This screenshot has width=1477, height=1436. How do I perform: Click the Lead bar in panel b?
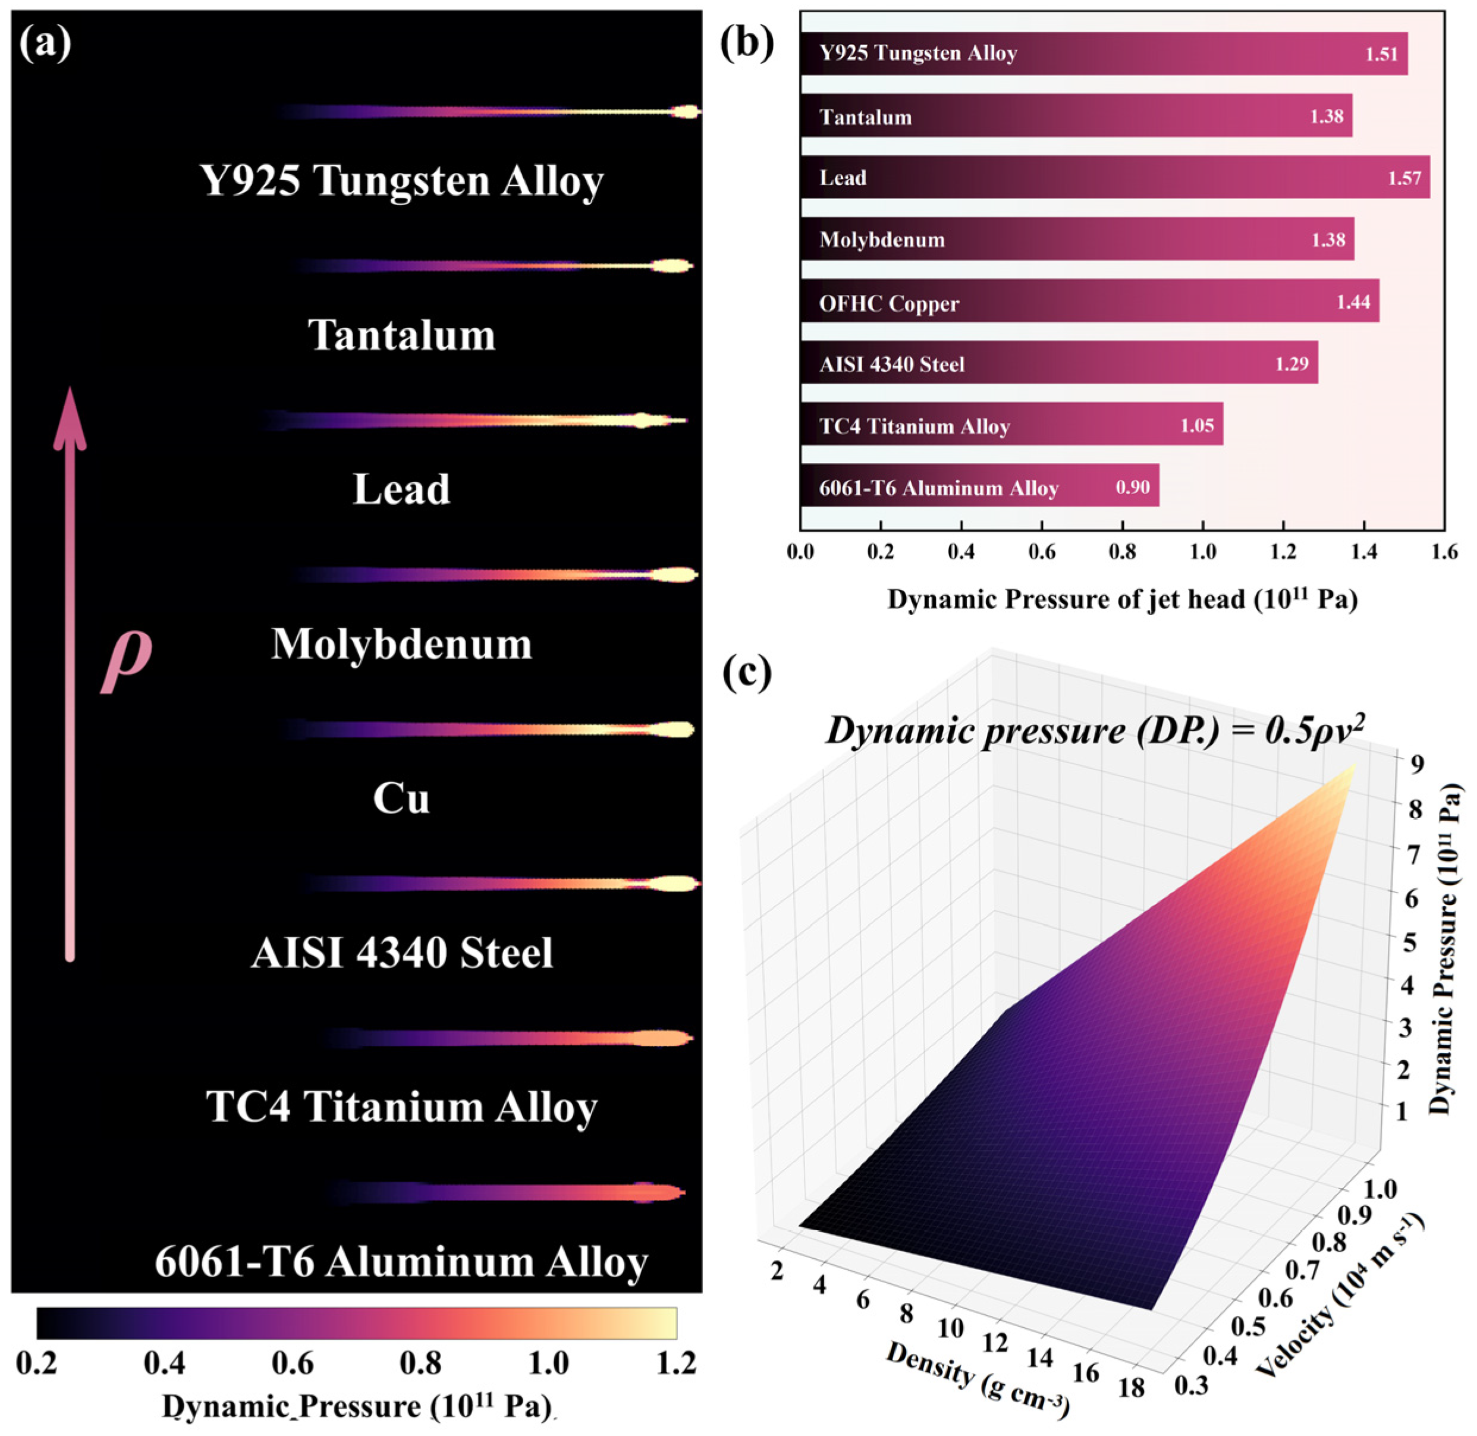click(x=1115, y=177)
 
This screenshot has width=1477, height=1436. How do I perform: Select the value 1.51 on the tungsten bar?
click(x=1381, y=54)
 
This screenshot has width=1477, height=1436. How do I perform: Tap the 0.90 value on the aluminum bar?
click(x=1132, y=487)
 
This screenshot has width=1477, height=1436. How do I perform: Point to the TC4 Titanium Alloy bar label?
click(x=915, y=426)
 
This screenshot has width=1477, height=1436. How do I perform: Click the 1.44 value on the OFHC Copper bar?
click(x=1353, y=303)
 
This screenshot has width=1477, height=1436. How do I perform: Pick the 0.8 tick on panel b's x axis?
click(x=1123, y=552)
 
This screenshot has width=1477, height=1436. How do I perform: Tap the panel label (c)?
click(x=747, y=671)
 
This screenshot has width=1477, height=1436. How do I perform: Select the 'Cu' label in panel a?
click(x=401, y=798)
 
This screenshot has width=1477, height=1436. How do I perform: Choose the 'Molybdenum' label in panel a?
click(x=401, y=644)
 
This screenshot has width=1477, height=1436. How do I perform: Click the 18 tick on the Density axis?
click(x=1132, y=1386)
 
